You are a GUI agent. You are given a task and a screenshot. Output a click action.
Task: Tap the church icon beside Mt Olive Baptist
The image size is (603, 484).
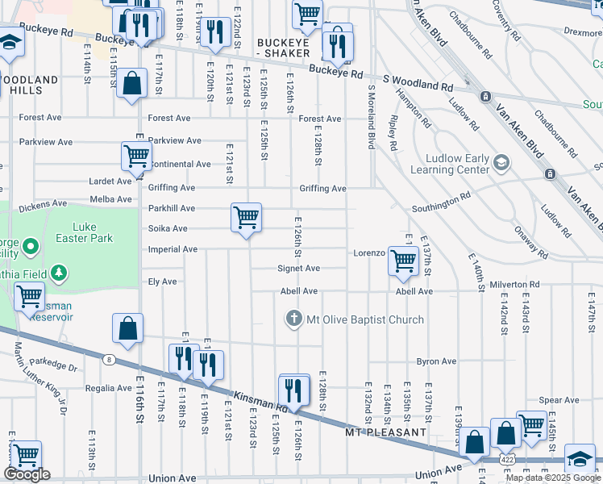(294, 319)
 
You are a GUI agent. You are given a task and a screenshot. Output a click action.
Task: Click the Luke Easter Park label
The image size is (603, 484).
(93, 232)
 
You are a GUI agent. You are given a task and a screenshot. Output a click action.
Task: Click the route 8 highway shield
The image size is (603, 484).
(109, 359)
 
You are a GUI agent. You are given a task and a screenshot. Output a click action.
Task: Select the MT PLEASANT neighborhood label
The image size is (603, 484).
(386, 432)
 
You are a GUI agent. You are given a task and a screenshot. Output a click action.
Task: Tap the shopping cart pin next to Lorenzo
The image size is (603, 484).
(402, 260)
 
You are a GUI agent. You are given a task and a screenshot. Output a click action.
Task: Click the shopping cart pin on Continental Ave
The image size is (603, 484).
(136, 156)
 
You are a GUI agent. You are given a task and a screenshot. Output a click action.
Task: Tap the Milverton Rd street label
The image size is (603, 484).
(514, 285)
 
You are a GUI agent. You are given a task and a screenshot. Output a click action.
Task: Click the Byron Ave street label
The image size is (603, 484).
(436, 361)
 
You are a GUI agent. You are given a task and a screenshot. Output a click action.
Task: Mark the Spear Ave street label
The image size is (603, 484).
(559, 400)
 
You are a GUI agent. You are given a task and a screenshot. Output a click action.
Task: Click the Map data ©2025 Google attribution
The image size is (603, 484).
(552, 477)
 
